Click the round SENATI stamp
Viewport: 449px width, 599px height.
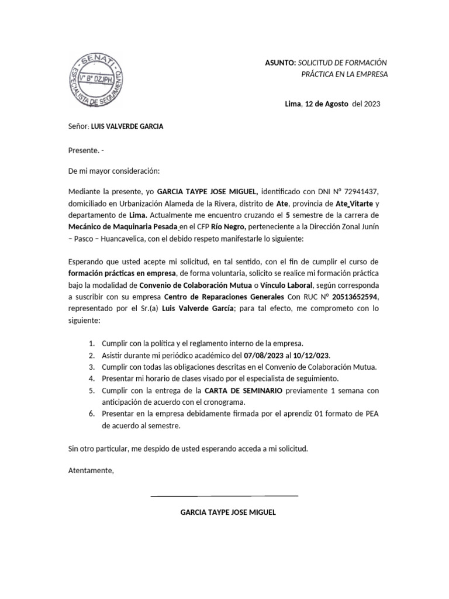pyautogui.click(x=96, y=80)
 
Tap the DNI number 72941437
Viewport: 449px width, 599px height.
pyautogui.click(x=366, y=192)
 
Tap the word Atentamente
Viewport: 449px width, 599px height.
pyautogui.click(x=91, y=471)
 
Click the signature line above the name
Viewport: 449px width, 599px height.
pyautogui.click(x=224, y=496)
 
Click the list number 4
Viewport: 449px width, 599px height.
pyautogui.click(x=92, y=378)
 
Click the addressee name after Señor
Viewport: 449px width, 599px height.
pyautogui.click(x=127, y=126)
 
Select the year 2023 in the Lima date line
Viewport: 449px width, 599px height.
pyautogui.click(x=372, y=104)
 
